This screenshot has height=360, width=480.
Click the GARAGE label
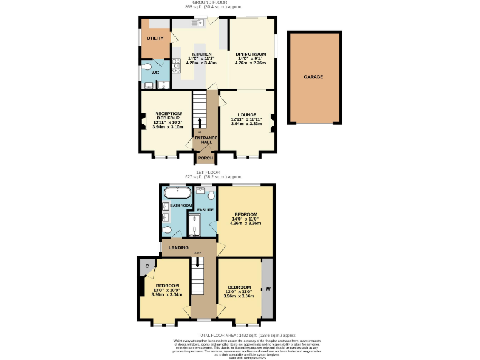[x=313, y=76]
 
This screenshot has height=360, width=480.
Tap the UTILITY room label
[x=155, y=39]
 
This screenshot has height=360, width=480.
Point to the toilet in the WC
[x=147, y=67]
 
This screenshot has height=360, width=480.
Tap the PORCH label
[x=206, y=157]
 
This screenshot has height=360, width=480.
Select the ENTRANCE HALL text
[x=206, y=140]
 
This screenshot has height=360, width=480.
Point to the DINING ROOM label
[x=251, y=54]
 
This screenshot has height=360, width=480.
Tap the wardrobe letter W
[x=267, y=289]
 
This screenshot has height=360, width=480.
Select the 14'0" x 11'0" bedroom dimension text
[x=245, y=219]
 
